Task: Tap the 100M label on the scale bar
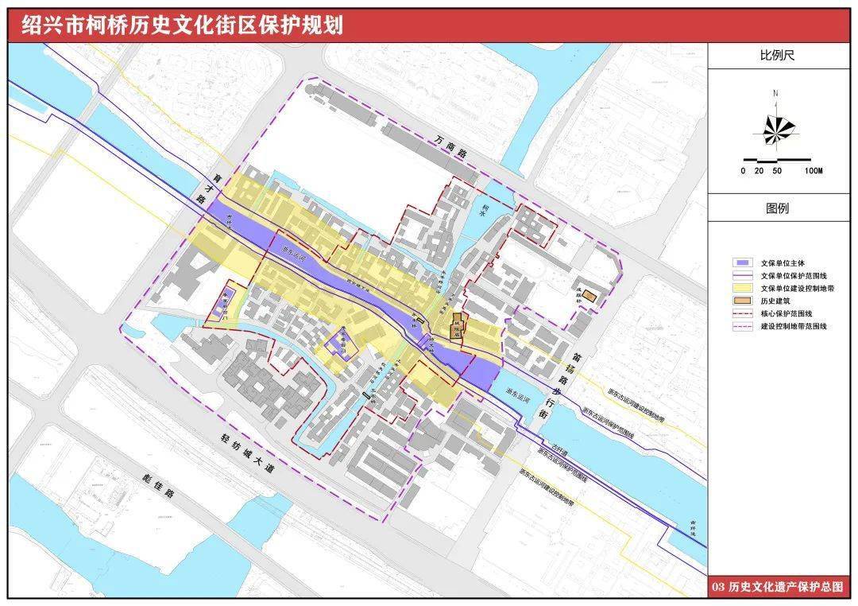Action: coord(813,171)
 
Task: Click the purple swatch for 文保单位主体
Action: coord(742,262)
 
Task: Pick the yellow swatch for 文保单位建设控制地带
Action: coord(742,288)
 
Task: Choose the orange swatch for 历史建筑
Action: coord(742,301)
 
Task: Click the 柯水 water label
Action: coord(483,212)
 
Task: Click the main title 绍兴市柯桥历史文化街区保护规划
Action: coord(183,25)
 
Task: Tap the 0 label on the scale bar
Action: coord(743,171)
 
